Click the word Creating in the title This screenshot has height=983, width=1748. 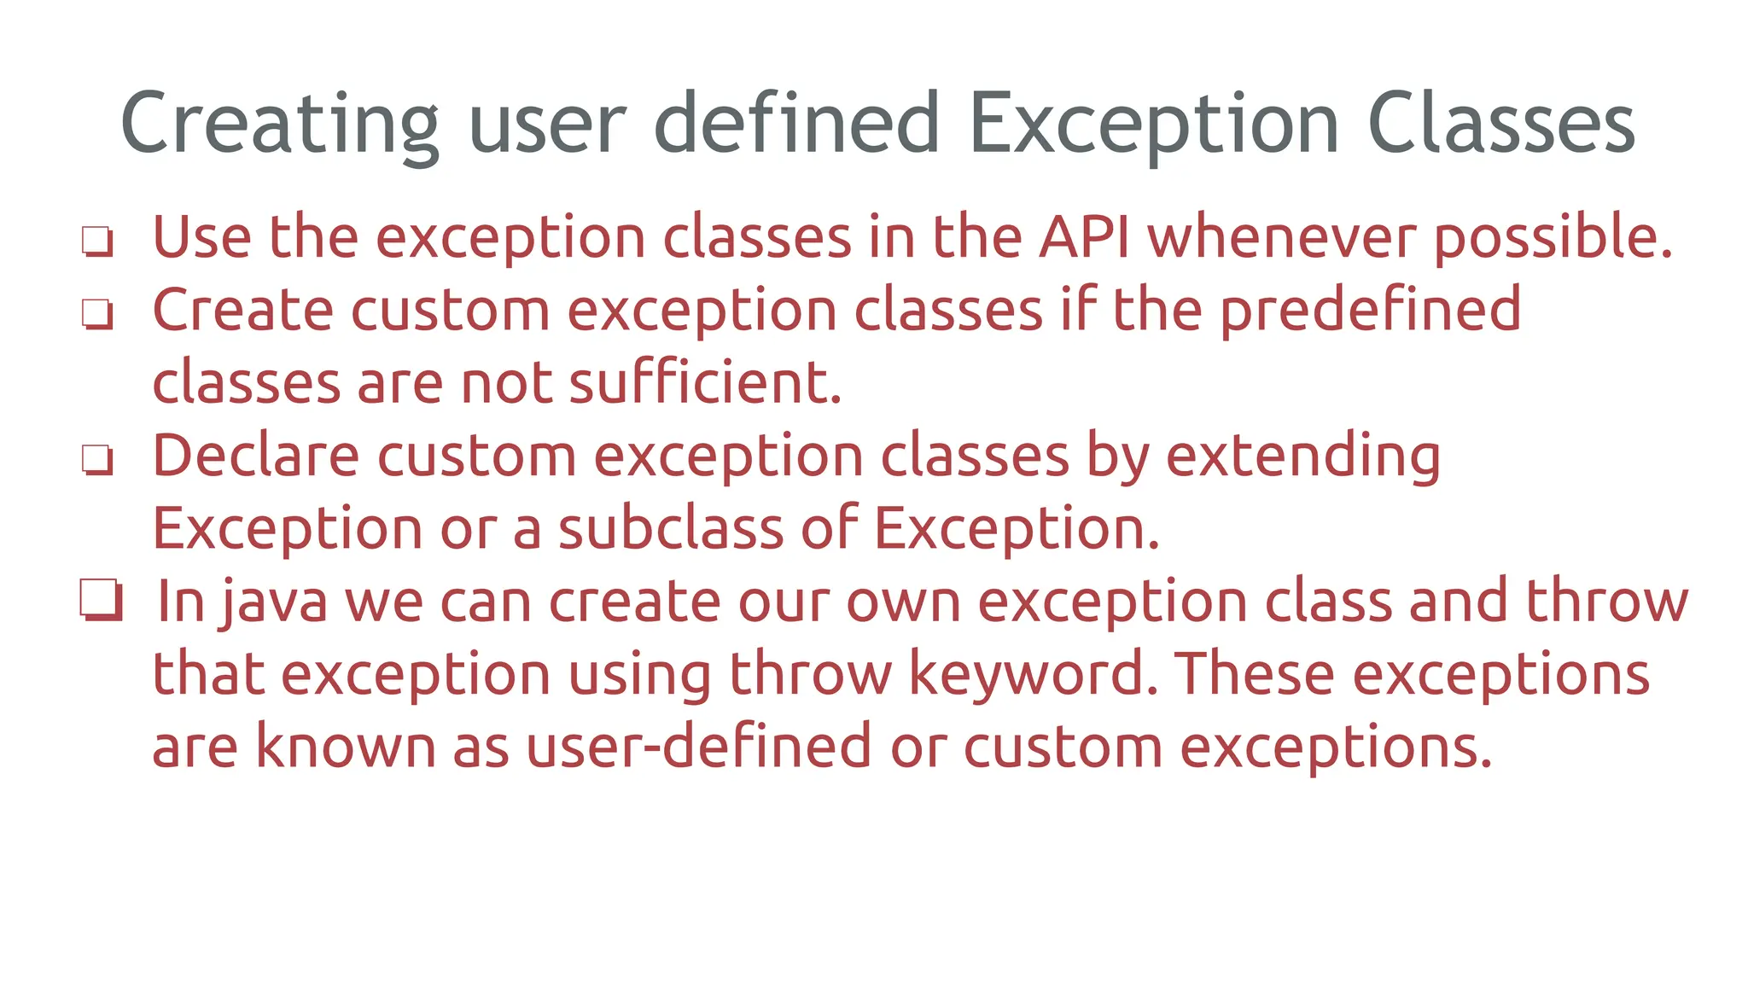(279, 125)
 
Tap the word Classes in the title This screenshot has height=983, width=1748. (1500, 125)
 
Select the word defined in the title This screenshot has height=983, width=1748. (795, 125)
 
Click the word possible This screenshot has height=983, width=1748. (1552, 238)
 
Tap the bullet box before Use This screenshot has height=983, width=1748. (96, 241)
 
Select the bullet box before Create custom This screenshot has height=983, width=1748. (96, 313)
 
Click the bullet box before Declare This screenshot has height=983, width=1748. (96, 459)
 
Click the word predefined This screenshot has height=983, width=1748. (1369, 310)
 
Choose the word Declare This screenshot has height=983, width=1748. (255, 456)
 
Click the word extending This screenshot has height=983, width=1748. (1302, 457)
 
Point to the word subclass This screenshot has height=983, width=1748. (670, 528)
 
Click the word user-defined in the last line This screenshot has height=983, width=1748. (698, 747)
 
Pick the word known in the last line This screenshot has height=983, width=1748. (345, 747)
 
